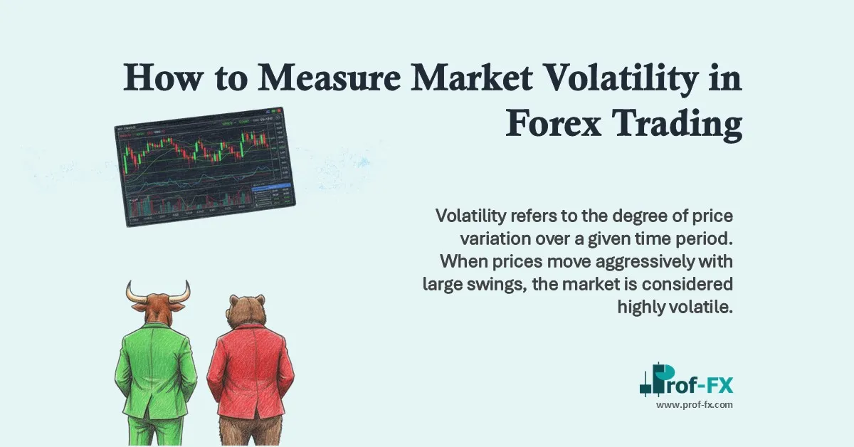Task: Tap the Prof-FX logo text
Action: pyautogui.click(x=694, y=385)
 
